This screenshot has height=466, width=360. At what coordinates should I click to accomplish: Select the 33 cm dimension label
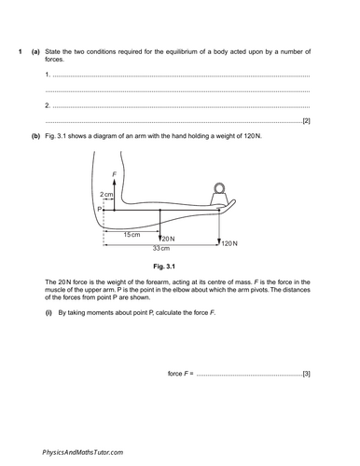(161, 248)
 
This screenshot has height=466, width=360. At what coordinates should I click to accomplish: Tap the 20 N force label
(168, 239)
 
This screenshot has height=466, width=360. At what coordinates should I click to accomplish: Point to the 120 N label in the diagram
(229, 242)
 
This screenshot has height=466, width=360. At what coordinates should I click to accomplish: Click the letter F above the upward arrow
(114, 174)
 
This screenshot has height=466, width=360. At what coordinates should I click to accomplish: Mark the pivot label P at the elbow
(98, 211)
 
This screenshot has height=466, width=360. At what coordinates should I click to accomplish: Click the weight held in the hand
(220, 193)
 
